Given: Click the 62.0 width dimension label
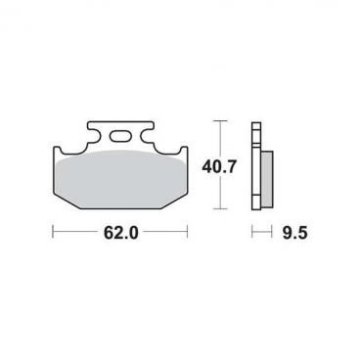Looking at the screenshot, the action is [120, 233].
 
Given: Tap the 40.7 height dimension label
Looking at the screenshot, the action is [218, 167].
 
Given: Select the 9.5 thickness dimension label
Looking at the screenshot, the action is [294, 233].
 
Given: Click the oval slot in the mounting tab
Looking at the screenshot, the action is [119, 136].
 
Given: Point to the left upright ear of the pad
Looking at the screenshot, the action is [56, 154].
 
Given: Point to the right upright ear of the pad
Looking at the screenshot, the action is [184, 154].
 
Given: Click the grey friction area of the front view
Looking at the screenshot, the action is [120, 180].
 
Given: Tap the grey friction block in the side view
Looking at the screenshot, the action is [267, 179].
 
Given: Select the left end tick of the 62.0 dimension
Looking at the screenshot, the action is [53, 231].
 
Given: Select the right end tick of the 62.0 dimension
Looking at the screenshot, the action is [188, 231].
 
